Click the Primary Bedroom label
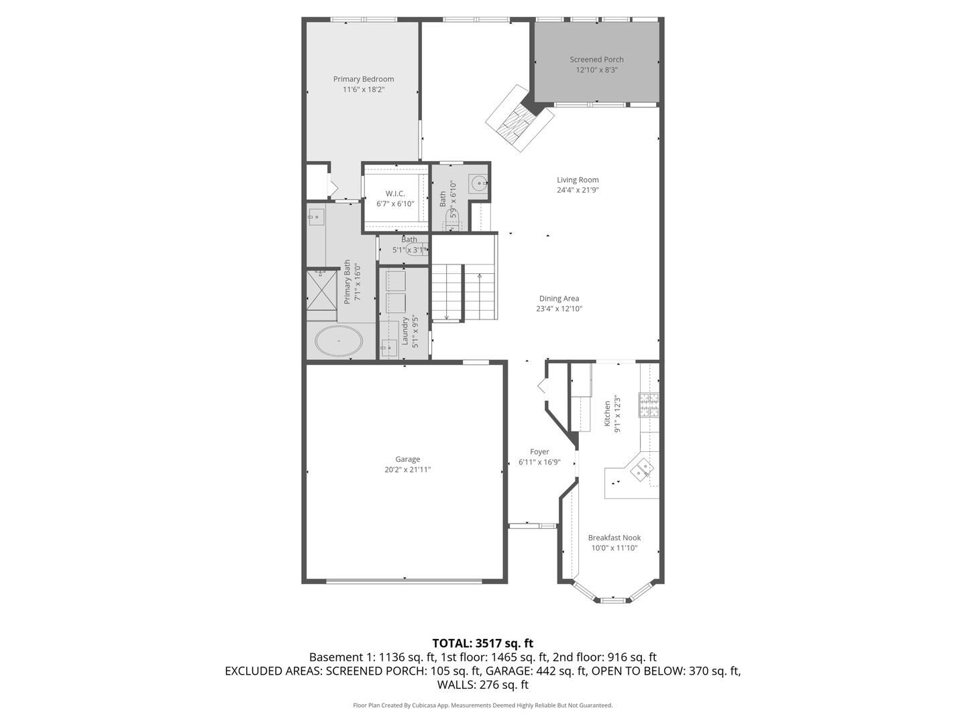(364, 79)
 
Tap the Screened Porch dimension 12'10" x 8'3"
(596, 70)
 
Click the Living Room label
(578, 180)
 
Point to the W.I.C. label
(395, 194)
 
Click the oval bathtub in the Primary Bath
(339, 341)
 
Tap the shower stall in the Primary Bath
(321, 289)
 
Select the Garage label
(407, 460)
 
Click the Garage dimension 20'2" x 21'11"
(407, 470)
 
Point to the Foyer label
(539, 452)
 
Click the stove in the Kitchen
(649, 404)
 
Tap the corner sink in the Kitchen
(641, 467)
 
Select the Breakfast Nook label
(614, 538)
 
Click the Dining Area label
(559, 299)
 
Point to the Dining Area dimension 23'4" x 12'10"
(559, 309)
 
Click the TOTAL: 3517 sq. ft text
(482, 643)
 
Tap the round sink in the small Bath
(478, 183)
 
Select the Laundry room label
(405, 330)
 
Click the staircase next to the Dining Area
(464, 292)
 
